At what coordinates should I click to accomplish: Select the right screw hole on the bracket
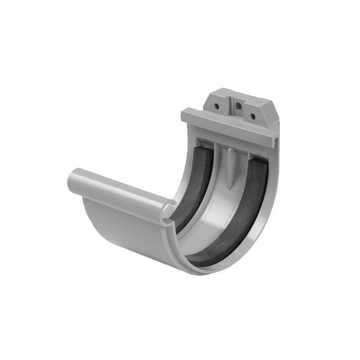253,116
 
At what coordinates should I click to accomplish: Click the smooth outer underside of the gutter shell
122,232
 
